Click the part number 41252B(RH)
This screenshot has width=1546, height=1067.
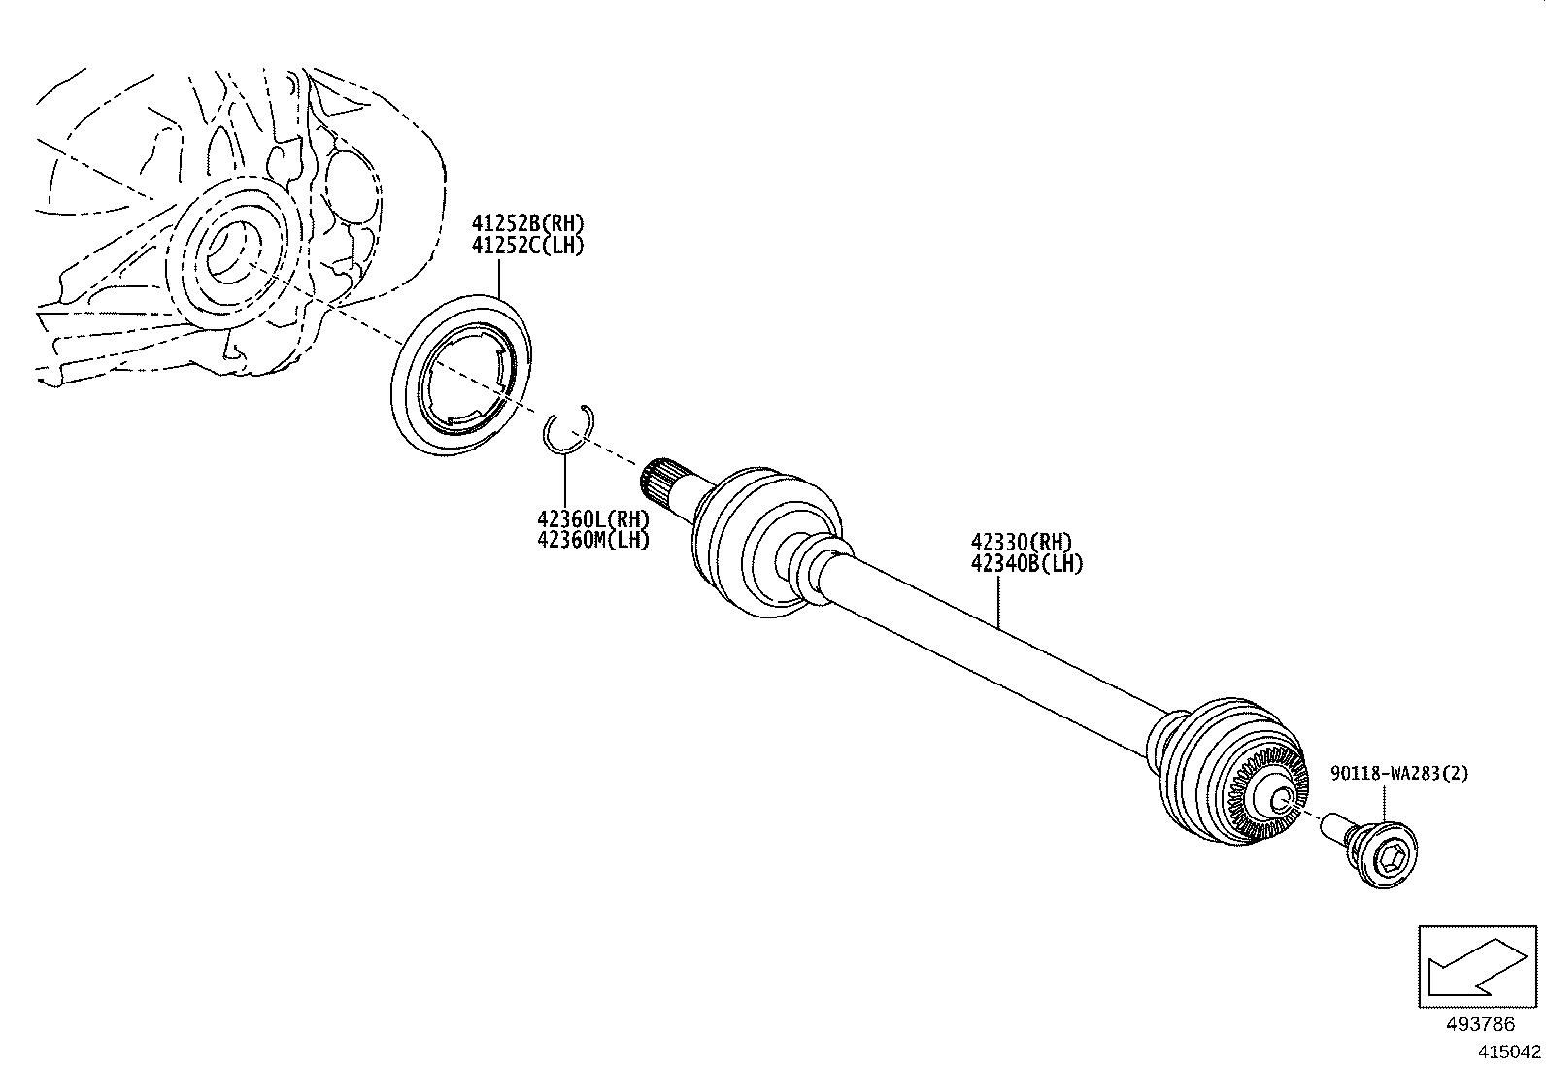tap(528, 223)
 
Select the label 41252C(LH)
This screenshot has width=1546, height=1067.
tap(528, 245)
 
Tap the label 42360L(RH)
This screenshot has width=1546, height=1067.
tap(592, 519)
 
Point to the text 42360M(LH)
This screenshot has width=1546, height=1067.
tap(592, 540)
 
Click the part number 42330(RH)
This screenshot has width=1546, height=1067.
tap(1021, 543)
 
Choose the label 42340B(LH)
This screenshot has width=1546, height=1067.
tap(1025, 563)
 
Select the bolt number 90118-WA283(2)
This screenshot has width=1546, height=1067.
tap(1399, 774)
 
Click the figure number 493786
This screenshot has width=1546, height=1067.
tap(1479, 1024)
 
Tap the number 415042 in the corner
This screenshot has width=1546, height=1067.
tap(1510, 1051)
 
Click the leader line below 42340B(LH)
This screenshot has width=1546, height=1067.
tap(999, 602)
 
